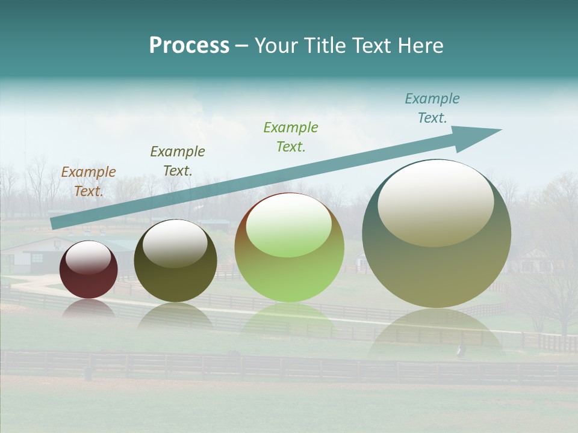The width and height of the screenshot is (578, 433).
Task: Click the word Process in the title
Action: (189, 46)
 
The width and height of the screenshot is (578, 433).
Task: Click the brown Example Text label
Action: (89, 181)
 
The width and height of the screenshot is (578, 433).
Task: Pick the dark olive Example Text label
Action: (178, 161)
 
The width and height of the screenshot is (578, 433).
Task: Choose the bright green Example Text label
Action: (291, 137)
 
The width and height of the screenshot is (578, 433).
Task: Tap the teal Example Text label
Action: (432, 108)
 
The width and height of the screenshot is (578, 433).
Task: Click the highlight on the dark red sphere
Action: (89, 257)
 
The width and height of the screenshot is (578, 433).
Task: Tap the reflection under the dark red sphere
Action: (89, 309)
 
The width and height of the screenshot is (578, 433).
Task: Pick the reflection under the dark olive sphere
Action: (175, 314)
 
